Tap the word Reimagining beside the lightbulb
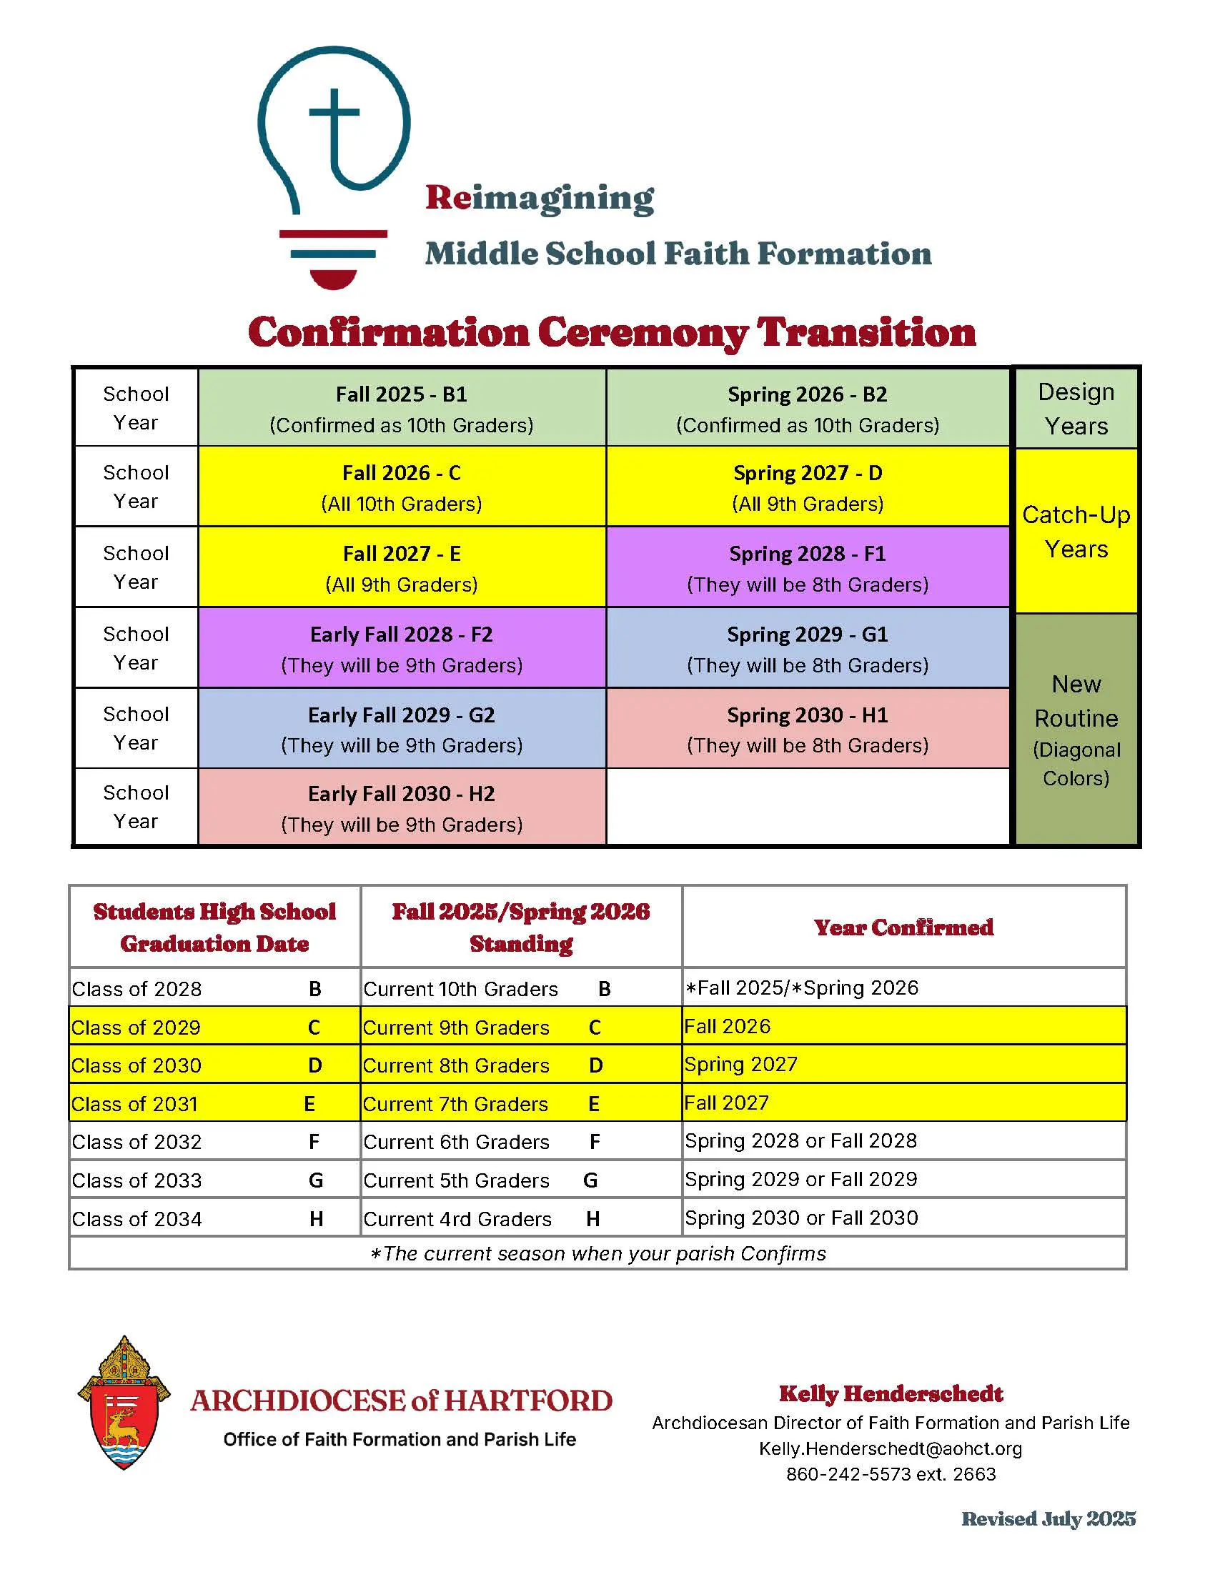pos(539,198)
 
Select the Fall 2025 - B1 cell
pos(402,408)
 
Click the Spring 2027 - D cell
pos(808,487)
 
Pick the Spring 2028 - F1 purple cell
pos(808,567)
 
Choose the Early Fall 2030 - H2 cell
pos(402,807)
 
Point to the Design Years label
pos(1076,408)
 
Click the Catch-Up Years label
pos(1076,531)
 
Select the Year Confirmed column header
pos(903,927)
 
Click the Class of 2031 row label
pos(134,1103)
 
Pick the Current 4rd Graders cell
pos(457,1218)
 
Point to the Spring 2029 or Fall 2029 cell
pos(800,1179)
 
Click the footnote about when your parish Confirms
pos(597,1253)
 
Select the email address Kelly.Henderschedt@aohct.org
pos(891,1448)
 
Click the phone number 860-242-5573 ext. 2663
pos(891,1474)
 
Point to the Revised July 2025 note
pos(1048,1518)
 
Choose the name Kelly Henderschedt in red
pos(891,1394)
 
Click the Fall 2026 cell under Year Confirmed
pos(727,1026)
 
